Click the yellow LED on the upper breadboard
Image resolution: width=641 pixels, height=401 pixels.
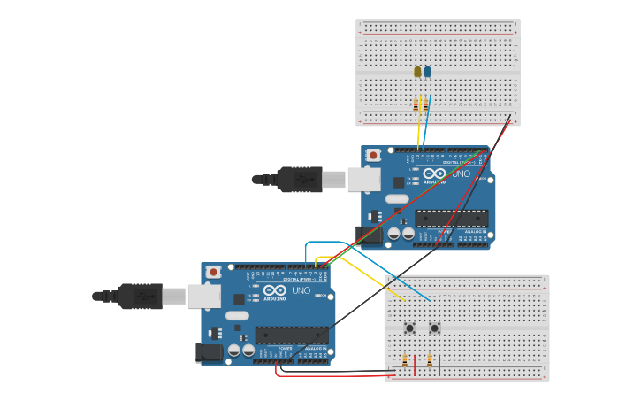(417, 72)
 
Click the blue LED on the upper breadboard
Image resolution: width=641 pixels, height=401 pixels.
(428, 72)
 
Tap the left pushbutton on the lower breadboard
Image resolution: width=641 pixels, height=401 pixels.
(410, 328)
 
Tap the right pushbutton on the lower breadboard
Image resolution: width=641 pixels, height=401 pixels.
(435, 328)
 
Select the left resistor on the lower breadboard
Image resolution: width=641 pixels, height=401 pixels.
(405, 361)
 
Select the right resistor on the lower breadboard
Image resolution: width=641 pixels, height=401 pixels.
(430, 361)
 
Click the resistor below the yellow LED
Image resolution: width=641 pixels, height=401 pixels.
(416, 105)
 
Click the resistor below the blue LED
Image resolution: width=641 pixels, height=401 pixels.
(426, 105)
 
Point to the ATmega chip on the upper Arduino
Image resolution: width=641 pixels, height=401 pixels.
(451, 218)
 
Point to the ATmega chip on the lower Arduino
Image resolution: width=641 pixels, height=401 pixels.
(291, 335)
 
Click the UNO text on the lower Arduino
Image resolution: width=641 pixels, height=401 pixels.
(301, 290)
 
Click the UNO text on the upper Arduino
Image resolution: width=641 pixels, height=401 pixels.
(461, 174)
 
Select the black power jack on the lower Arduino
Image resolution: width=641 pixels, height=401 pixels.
(210, 352)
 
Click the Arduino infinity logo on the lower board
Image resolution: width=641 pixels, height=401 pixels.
(275, 290)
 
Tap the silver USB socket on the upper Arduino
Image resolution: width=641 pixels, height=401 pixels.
(362, 180)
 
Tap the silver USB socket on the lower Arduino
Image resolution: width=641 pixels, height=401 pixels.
(203, 296)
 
